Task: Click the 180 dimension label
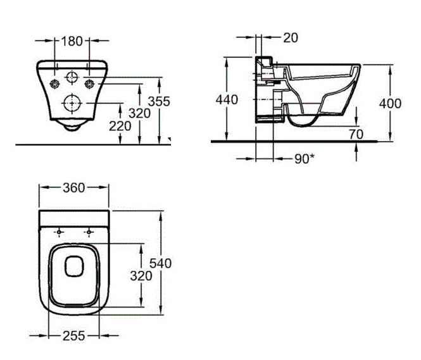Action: [x=72, y=41]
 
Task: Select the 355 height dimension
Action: [x=159, y=101]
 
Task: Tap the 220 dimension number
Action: [x=120, y=126]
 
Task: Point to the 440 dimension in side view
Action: [x=227, y=100]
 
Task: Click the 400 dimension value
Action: [x=390, y=104]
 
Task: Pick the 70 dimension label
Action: [x=356, y=134]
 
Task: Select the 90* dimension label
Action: [x=305, y=159]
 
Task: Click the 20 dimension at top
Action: [x=291, y=37]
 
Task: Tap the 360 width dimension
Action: [x=74, y=188]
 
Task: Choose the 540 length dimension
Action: [x=160, y=263]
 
